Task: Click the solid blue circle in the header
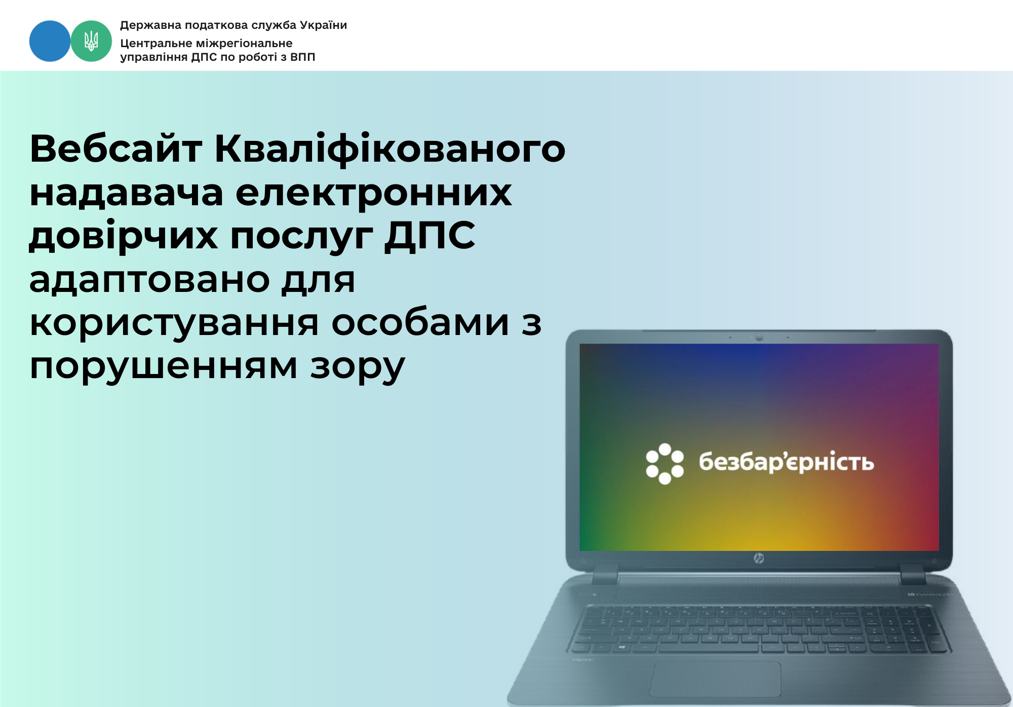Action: (50, 41)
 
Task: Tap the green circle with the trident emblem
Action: (91, 41)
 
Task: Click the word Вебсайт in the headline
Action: (116, 149)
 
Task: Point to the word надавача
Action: (127, 194)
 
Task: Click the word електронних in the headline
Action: (374, 193)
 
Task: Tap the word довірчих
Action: (124, 237)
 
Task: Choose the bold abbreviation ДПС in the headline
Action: (430, 237)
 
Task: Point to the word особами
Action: (420, 323)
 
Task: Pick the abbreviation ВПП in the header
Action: (302, 57)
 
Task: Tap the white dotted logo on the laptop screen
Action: (665, 464)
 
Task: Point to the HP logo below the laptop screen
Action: (758, 558)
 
